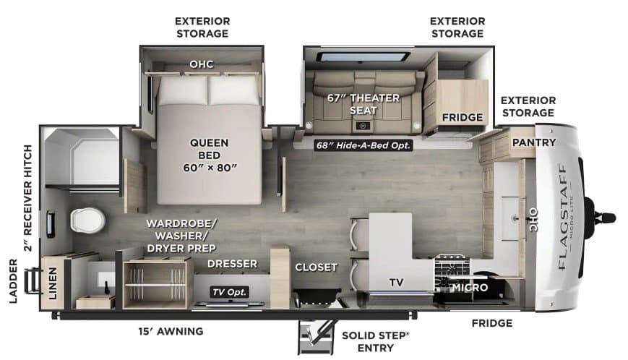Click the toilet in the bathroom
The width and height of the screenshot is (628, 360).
tap(87, 220)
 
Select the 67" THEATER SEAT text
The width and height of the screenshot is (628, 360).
tap(364, 104)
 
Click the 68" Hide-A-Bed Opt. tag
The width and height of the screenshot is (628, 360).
tap(364, 145)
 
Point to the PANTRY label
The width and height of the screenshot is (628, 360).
tap(534, 142)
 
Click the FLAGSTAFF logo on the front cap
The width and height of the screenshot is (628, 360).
tap(562, 216)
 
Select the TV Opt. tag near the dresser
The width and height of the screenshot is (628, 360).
tap(230, 292)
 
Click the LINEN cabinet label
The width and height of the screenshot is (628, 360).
tap(53, 283)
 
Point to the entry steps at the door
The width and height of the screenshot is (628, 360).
tap(316, 336)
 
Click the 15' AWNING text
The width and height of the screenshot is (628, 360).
tap(171, 332)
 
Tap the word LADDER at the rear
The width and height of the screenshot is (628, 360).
tap(13, 280)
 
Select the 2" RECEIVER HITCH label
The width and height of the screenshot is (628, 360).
tap(27, 198)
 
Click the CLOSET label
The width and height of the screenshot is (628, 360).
tap(316, 267)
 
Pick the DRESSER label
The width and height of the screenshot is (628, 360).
tap(232, 264)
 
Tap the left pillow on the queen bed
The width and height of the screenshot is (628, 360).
tap(183, 90)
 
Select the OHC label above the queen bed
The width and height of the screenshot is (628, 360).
tap(202, 64)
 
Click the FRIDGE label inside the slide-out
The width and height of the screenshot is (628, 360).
tap(463, 117)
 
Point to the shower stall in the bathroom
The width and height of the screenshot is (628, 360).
tap(82, 156)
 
